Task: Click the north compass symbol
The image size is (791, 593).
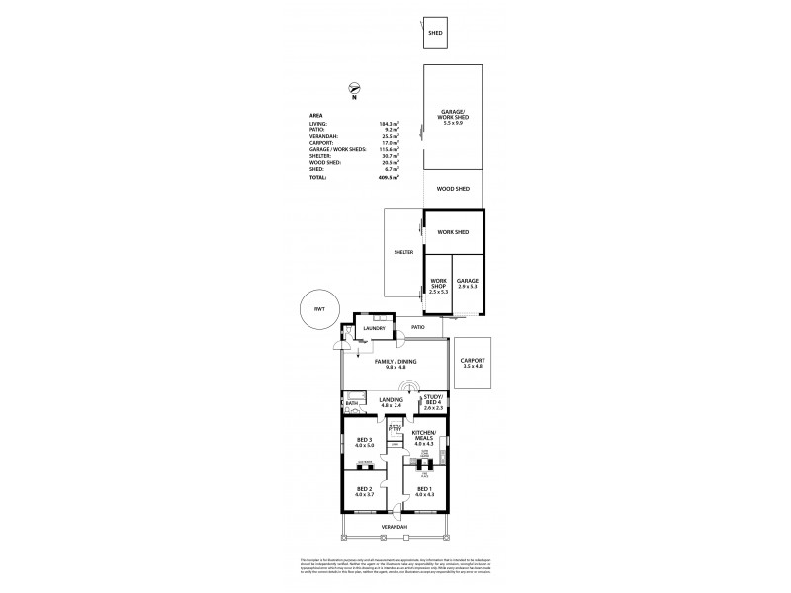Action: pos(353,91)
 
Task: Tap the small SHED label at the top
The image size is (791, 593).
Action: pos(434,33)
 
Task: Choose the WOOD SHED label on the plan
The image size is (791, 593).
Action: pos(452,188)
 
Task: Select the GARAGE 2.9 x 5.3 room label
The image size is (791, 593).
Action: pos(468,283)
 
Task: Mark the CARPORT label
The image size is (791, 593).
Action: pos(473,363)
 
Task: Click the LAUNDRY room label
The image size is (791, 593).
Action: pos(373,328)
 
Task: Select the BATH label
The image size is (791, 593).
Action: pos(351,403)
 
